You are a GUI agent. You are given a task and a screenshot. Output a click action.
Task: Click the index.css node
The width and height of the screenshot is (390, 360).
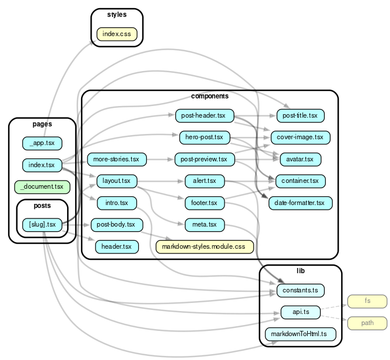pos(117,34)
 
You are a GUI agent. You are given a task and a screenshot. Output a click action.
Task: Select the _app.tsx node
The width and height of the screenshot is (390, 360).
pos(42,143)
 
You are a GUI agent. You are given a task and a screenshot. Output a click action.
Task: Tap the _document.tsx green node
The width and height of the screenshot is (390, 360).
pos(42,187)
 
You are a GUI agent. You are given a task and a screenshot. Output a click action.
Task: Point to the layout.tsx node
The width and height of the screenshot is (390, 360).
pos(117,181)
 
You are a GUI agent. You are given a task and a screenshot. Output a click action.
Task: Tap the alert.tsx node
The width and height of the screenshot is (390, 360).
pos(204,181)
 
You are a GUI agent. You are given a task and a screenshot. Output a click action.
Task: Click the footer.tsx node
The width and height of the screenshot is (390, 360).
pos(204,203)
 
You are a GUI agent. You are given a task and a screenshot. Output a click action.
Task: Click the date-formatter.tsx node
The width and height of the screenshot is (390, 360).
pos(300,203)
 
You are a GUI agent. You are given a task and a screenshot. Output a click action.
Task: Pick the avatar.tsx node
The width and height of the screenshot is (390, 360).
pos(300,159)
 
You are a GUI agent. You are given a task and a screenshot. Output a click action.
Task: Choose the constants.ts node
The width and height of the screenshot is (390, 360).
pos(300,290)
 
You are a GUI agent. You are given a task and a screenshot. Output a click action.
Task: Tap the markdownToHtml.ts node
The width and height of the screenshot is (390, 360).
pos(300,334)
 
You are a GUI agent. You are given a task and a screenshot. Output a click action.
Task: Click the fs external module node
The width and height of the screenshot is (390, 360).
pos(367,301)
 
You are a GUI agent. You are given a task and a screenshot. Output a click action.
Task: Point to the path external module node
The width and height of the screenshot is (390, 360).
pos(367,323)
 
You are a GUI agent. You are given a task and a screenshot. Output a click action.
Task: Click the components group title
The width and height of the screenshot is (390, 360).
pos(209,96)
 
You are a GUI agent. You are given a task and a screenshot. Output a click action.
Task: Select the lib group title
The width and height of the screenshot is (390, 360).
pos(300,271)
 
